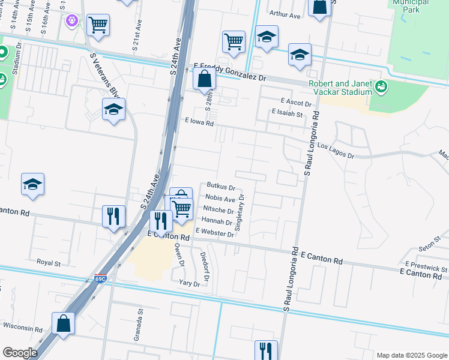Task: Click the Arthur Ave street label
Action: click(x=285, y=15)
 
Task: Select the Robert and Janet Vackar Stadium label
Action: click(x=340, y=88)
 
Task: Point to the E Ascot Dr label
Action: click(x=296, y=103)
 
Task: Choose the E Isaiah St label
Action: click(x=288, y=112)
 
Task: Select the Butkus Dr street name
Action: click(x=220, y=187)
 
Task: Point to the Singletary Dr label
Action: click(x=241, y=211)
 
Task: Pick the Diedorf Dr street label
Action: click(x=204, y=266)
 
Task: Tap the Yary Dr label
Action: click(x=188, y=283)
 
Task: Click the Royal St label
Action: click(x=49, y=263)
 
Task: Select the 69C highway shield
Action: click(x=100, y=278)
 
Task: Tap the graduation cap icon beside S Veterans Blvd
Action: click(x=113, y=110)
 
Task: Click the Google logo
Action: click(x=20, y=353)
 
